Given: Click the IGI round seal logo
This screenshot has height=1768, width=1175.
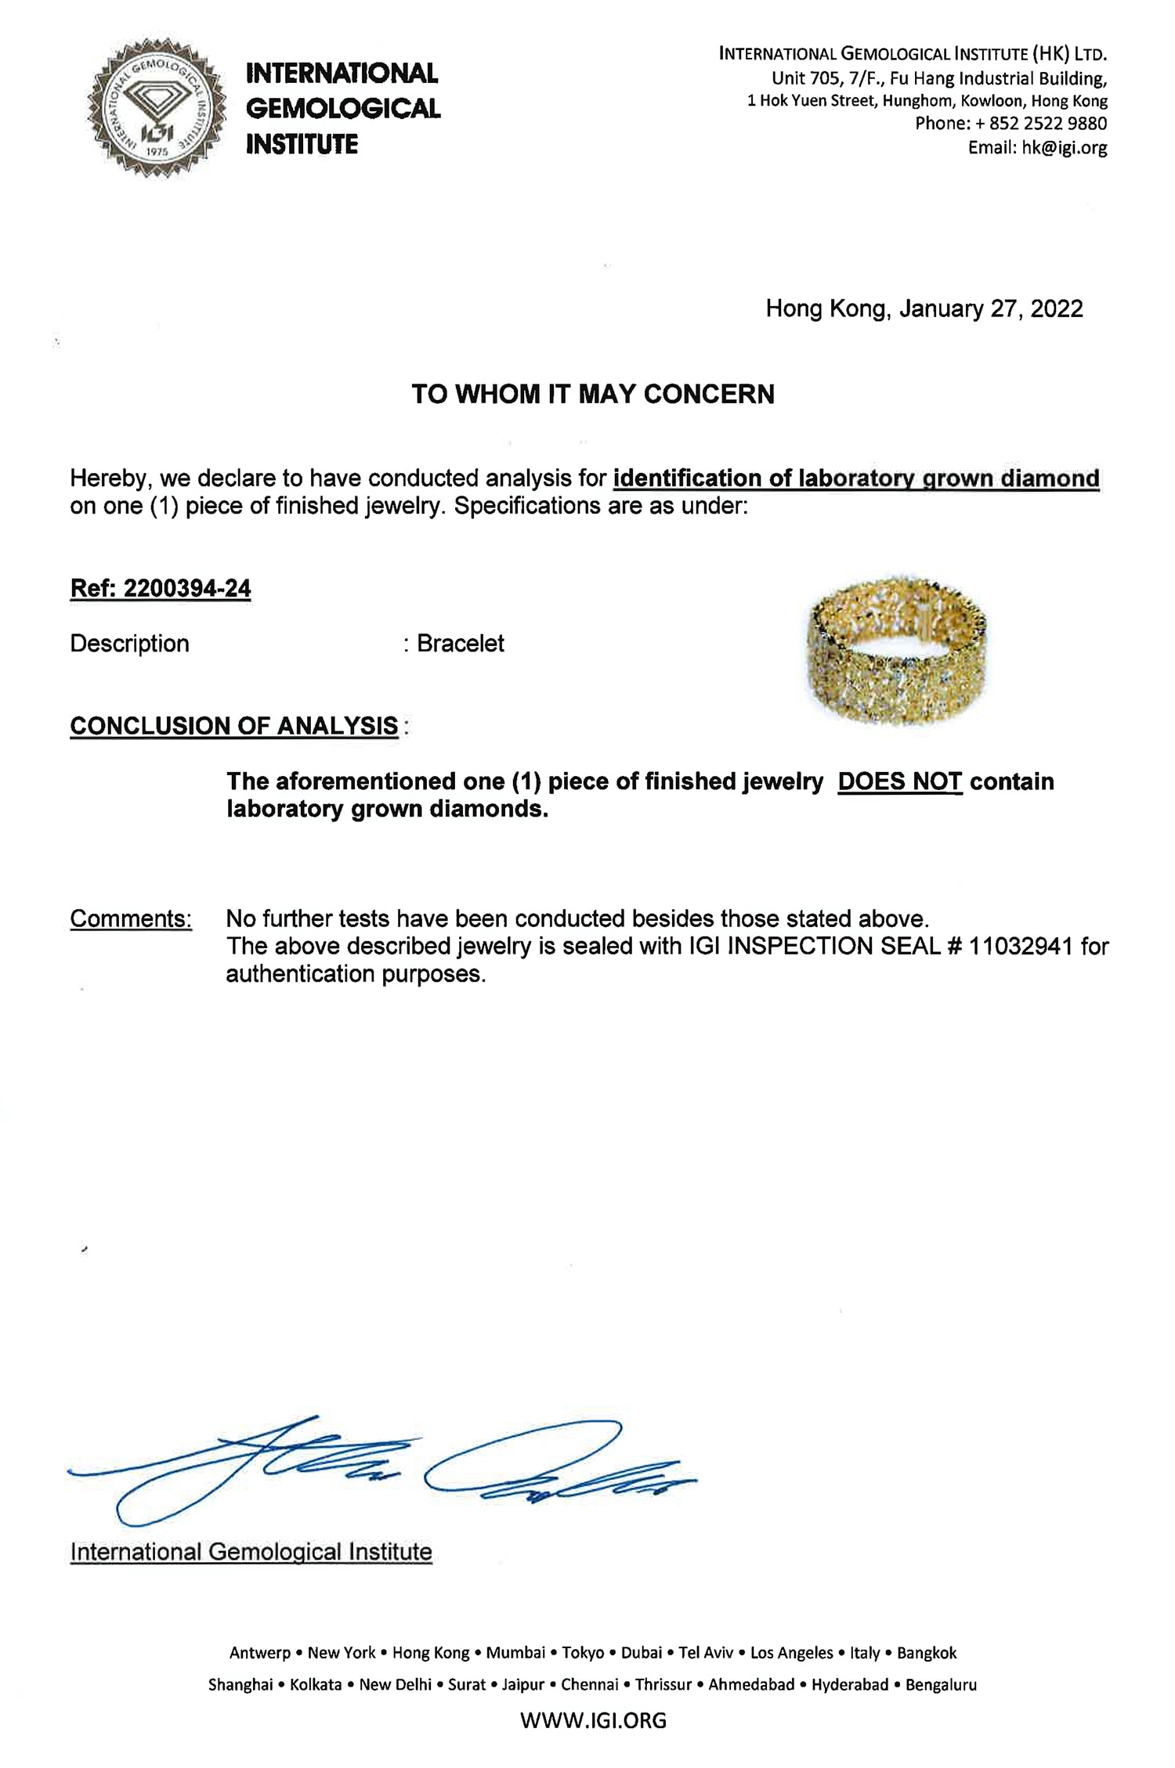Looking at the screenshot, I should [x=155, y=107].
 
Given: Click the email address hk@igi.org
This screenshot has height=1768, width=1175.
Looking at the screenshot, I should [x=1064, y=147].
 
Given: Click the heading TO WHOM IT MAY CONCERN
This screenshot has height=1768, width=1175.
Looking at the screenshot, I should [x=593, y=394].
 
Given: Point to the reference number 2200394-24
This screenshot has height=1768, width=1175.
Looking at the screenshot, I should [x=187, y=588].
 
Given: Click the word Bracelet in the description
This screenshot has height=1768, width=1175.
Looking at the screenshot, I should [x=461, y=644].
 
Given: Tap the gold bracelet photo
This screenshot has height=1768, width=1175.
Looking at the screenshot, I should [x=897, y=649].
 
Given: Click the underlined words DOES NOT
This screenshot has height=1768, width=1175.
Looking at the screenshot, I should [x=899, y=781].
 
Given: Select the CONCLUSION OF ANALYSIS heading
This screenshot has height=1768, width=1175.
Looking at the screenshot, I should [x=234, y=726].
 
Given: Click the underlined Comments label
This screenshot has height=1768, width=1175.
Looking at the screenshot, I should [x=131, y=918].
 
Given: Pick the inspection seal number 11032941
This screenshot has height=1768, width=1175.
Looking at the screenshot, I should [x=1020, y=946].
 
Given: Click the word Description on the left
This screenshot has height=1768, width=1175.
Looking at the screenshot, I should [x=129, y=644].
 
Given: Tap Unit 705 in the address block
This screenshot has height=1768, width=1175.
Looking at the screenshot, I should [x=806, y=78].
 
